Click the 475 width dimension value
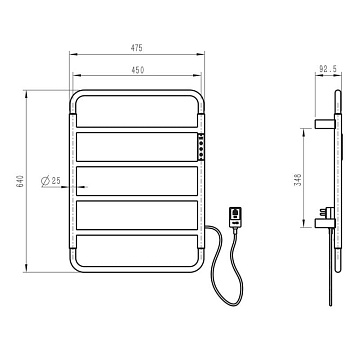tap(137, 48)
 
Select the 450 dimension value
tap(137, 70)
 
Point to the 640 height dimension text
tap(21, 181)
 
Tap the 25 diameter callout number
tap(56, 181)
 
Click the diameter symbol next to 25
tap(45, 181)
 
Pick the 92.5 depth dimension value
tap(328, 69)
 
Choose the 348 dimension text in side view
tap(298, 179)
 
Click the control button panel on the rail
tap(201, 147)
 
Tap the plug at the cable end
tap(236, 217)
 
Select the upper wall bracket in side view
tap(325, 124)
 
